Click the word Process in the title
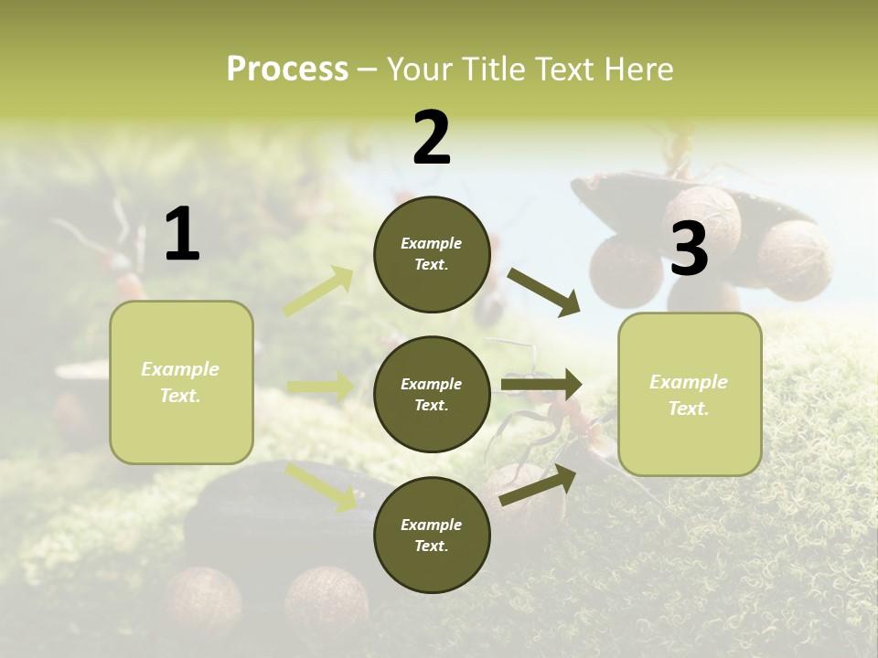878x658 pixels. pos(286,69)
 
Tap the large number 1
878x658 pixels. pos(182,235)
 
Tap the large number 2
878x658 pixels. pos(432,138)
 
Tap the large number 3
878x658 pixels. pos(689,249)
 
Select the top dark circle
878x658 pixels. pos(432,254)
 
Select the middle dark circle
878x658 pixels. pos(432,394)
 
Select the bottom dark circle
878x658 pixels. pos(432,535)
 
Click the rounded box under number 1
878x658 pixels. pos(181,382)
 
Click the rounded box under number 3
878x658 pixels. pos(690,394)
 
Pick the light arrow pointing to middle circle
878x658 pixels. pos(320,387)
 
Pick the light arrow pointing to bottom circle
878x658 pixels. pos(321,486)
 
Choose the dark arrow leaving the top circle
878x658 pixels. pos(543,292)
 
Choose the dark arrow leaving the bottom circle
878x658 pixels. pos(538,484)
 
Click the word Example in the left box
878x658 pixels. pos(180,369)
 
